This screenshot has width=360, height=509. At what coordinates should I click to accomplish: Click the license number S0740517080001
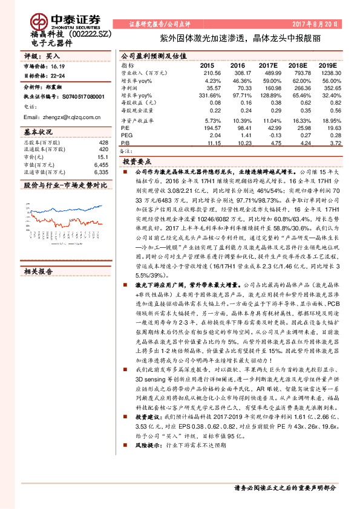(79, 96)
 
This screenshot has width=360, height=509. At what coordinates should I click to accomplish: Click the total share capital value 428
(103, 142)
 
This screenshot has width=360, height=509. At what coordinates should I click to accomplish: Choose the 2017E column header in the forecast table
(268, 65)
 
